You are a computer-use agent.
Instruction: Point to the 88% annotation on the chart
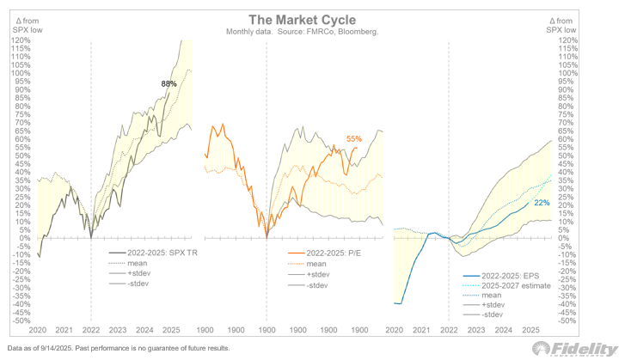click(169, 83)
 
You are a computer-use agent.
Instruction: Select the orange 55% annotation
click(354, 138)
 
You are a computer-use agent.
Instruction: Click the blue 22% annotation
click(542, 203)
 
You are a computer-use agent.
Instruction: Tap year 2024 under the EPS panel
click(506, 330)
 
